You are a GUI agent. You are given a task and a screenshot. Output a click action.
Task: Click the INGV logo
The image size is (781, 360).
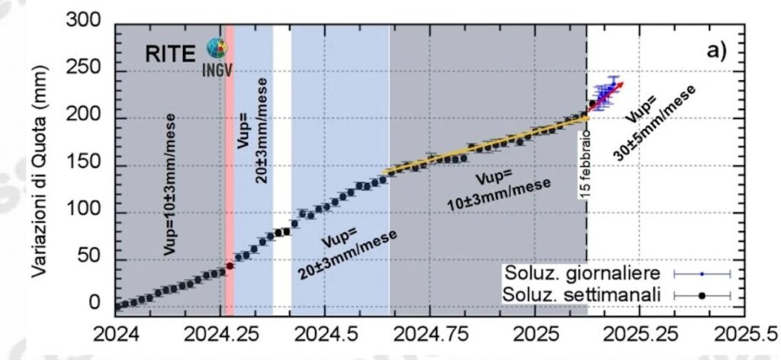(217, 55)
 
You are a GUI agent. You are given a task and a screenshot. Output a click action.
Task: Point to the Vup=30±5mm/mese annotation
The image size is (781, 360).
(656, 126)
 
